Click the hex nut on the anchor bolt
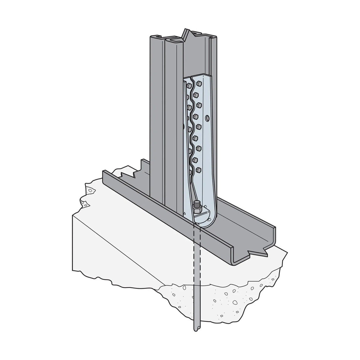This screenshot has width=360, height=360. (x=197, y=209)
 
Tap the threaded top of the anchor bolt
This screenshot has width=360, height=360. (x=196, y=204)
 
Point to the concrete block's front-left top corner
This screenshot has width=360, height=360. (x=73, y=216)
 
